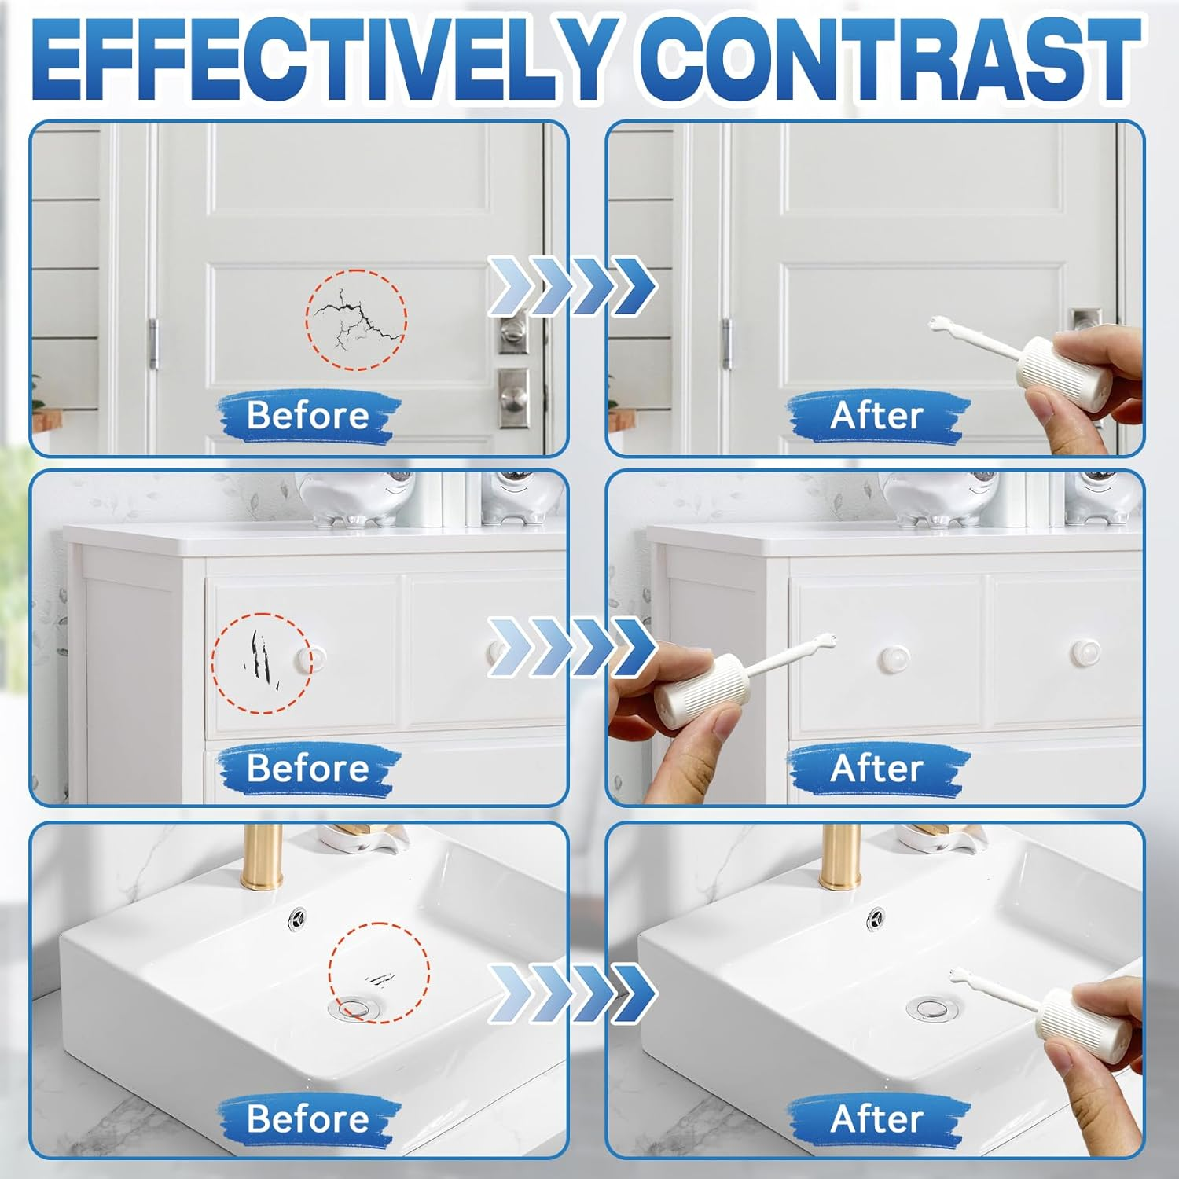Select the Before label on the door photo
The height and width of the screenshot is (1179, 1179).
coord(308,416)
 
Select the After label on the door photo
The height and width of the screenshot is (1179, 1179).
coord(877,416)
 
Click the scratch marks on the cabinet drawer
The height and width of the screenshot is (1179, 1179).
coord(259,653)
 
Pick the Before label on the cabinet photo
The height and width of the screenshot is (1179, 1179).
coord(308,768)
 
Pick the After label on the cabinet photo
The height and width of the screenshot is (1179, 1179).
coord(877,768)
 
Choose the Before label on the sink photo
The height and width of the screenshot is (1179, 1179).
coord(308,1118)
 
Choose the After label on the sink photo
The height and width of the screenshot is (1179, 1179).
coord(877,1118)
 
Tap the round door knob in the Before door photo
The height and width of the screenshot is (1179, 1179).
coord(512,329)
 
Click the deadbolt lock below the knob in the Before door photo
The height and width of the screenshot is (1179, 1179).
coord(513,398)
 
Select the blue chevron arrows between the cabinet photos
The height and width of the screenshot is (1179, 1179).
coord(572,647)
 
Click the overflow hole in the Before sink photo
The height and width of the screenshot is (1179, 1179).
coord(298,916)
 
